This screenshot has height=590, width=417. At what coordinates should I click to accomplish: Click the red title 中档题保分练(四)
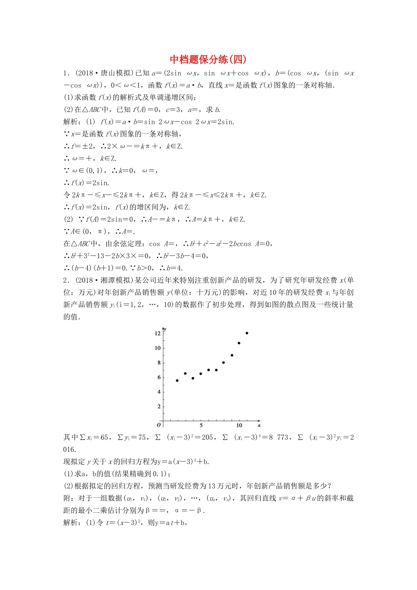208,60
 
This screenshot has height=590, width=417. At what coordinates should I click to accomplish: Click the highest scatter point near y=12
247,333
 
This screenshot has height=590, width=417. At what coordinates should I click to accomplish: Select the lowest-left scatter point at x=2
177,381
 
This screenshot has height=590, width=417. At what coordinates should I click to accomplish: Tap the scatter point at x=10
239,343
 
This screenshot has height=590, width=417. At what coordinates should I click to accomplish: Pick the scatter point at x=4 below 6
193,378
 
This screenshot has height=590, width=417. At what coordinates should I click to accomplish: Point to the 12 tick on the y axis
158,334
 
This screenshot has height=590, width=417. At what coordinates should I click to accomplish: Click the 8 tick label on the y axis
159,363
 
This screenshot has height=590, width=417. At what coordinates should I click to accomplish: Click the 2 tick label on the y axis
159,407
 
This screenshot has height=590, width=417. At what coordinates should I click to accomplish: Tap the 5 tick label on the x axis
201,425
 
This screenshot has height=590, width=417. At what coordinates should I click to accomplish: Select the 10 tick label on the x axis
239,425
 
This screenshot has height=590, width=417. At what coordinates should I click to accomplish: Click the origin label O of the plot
159,425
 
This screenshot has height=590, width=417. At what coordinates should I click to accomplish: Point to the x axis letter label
259,425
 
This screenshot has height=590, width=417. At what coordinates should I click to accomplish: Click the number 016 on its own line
70,450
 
